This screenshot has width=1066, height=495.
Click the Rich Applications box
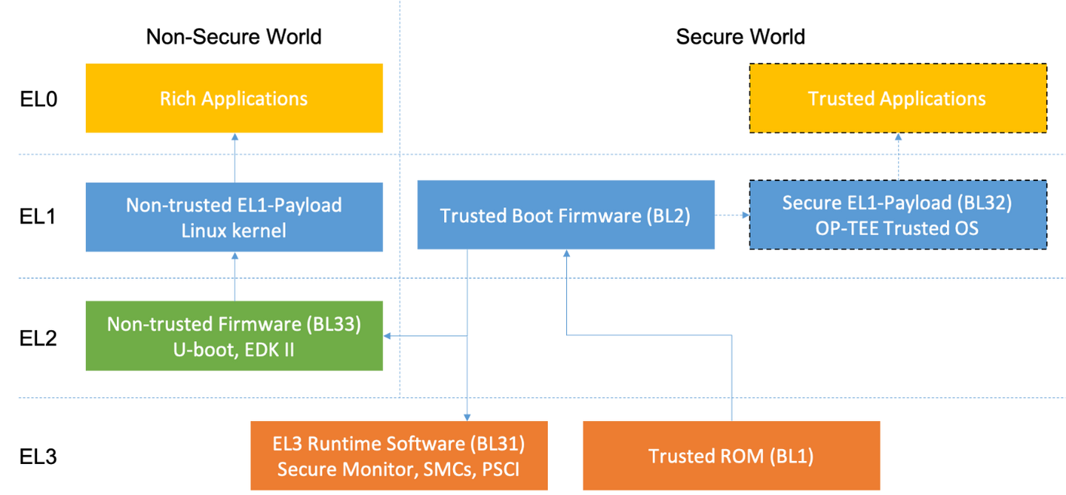[x=234, y=98]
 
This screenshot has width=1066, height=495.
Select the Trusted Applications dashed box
[x=897, y=98]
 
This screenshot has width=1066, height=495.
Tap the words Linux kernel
[x=234, y=230]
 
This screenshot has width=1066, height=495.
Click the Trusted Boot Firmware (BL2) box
[x=565, y=215]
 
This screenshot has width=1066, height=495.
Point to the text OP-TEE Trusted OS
[x=896, y=228]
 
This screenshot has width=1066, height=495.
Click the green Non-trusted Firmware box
[x=234, y=335]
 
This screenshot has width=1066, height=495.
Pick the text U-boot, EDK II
[x=234, y=348]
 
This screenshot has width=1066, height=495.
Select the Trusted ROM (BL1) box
[x=731, y=456]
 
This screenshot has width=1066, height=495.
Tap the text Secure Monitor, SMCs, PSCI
[x=398, y=469]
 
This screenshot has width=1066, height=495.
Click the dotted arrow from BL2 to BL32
[x=732, y=215]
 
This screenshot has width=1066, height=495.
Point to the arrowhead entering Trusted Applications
[x=898, y=138]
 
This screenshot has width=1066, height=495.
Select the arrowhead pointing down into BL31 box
[x=466, y=416]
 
